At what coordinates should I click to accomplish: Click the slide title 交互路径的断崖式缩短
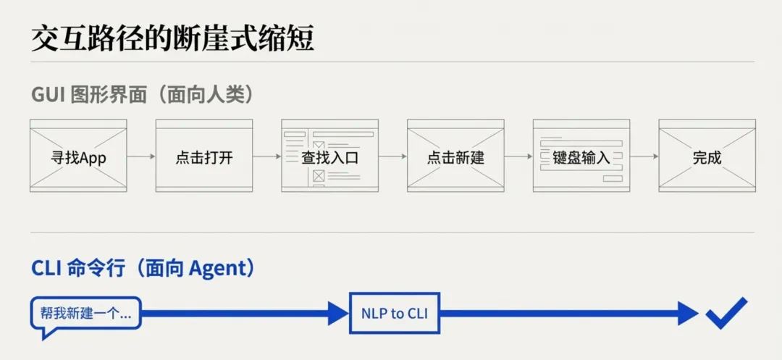(x=172, y=38)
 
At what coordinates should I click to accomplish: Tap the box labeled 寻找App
(x=78, y=156)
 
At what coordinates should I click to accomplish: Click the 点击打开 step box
(x=204, y=156)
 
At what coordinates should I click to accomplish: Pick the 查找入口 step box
(x=329, y=156)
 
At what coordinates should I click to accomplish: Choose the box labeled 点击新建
(x=455, y=156)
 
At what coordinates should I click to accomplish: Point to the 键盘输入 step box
(x=581, y=156)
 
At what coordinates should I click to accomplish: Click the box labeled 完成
(x=707, y=156)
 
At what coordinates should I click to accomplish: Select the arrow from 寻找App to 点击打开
(x=141, y=156)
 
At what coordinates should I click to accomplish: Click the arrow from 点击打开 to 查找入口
(x=267, y=156)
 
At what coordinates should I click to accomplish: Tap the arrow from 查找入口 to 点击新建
(x=392, y=156)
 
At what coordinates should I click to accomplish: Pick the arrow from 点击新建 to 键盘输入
(x=518, y=156)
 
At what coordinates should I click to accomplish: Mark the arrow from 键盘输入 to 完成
(x=644, y=156)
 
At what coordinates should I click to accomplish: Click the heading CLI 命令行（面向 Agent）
(x=143, y=269)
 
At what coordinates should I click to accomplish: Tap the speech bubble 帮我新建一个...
(x=85, y=314)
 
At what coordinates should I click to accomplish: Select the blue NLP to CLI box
(x=395, y=313)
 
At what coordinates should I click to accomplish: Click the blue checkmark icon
(x=726, y=313)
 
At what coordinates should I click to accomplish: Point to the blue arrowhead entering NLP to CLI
(x=338, y=313)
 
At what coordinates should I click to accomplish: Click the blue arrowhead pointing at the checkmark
(x=689, y=313)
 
